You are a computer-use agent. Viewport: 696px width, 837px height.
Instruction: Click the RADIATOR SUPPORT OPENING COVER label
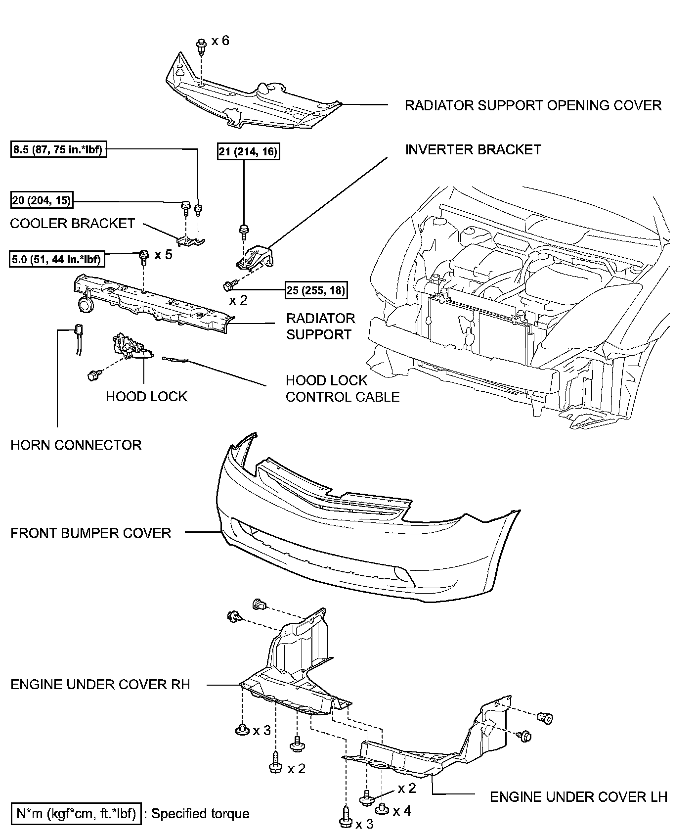pos(533,105)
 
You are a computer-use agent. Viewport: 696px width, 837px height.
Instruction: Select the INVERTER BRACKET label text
pos(473,149)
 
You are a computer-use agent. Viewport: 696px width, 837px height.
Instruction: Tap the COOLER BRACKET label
pos(72,224)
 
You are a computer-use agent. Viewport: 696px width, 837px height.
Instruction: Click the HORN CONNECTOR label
pos(76,445)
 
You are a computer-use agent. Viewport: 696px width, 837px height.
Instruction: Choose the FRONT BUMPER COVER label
pos(90,533)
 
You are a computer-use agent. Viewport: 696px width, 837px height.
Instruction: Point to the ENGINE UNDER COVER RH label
pos(100,685)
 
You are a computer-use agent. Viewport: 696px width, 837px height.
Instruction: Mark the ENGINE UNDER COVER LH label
pos(578,797)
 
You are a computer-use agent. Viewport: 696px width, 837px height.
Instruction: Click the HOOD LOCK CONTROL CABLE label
pos(342,388)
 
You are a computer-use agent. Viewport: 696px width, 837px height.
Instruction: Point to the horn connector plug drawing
pos(78,330)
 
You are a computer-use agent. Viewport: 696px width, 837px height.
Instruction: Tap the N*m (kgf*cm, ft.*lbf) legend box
pos(76,813)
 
